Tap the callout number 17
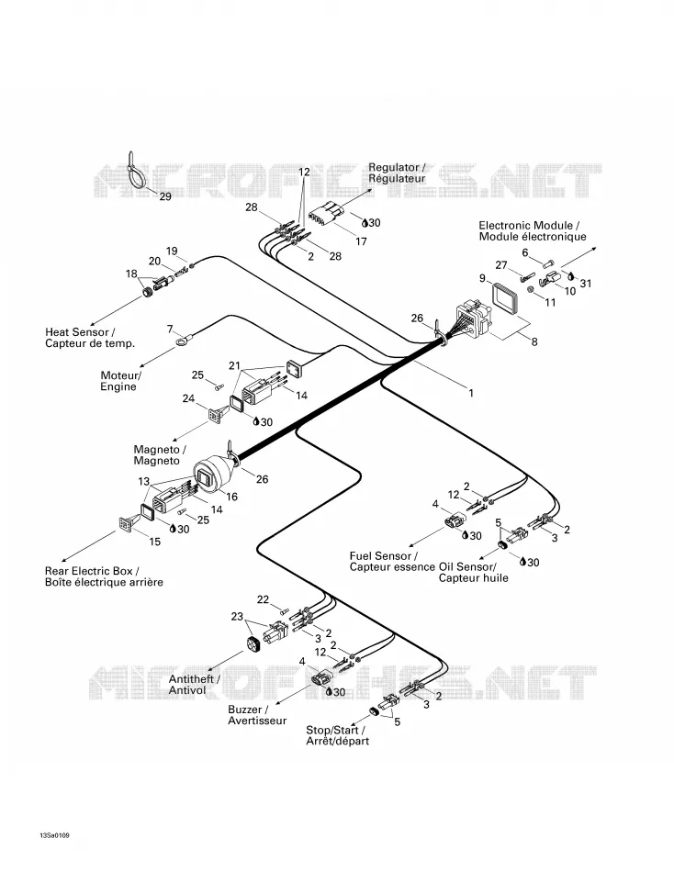[361, 241]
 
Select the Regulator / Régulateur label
[397, 173]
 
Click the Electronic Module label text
[532, 230]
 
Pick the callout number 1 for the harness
[471, 393]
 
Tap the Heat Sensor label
[90, 338]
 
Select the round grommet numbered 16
[209, 476]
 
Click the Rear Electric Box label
[104, 576]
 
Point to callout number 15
[154, 542]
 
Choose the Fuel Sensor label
[392, 561]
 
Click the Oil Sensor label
[473, 572]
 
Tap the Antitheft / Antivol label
[195, 685]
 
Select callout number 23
[237, 617]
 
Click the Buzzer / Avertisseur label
[257, 715]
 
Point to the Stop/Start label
[337, 735]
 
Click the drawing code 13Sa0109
[54, 836]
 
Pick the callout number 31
[586, 283]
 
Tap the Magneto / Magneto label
[160, 455]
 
